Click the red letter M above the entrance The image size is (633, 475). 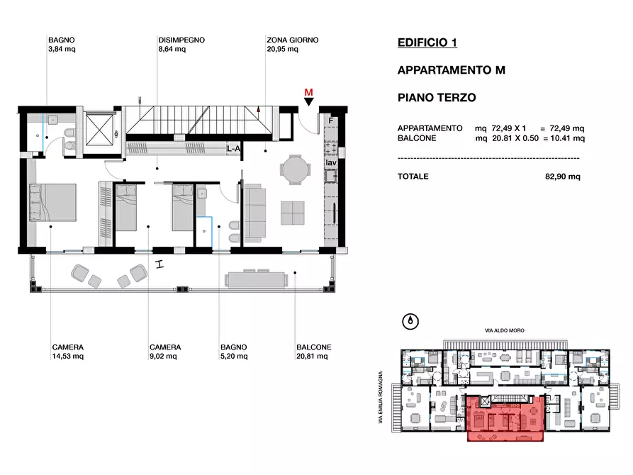(x=308, y=92)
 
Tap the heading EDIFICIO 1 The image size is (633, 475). (x=427, y=43)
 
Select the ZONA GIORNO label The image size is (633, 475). (x=292, y=40)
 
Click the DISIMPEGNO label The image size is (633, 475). (x=181, y=40)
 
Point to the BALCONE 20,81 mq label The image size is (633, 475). (x=314, y=352)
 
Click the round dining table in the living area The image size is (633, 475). (x=295, y=169)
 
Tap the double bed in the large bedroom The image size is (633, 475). (x=52, y=203)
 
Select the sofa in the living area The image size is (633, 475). (x=255, y=213)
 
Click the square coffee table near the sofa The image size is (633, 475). (x=293, y=213)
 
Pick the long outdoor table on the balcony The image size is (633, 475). (x=257, y=279)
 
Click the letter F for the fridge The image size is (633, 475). (x=330, y=121)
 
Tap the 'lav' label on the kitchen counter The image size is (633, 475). (x=330, y=162)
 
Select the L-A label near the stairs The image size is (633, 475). (x=233, y=149)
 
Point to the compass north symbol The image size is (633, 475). (x=410, y=322)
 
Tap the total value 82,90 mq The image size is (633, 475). (x=562, y=177)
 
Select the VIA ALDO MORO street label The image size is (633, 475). (x=505, y=330)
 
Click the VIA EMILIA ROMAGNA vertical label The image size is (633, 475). (x=380, y=398)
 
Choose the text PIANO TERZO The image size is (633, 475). (x=437, y=97)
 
